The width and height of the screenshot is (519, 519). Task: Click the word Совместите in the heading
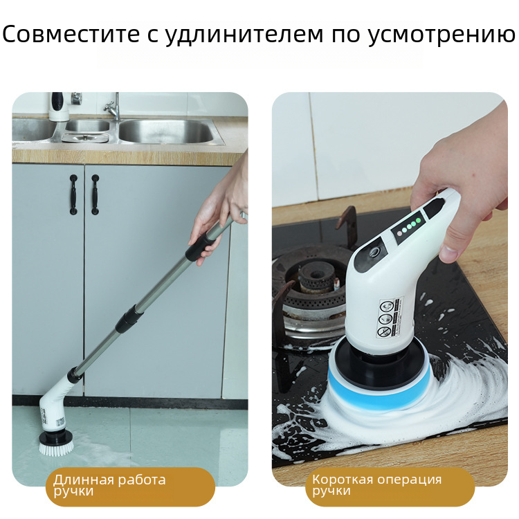click(71, 34)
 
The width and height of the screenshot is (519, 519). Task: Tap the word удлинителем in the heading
click(244, 35)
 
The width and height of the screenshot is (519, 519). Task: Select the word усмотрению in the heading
click(442, 35)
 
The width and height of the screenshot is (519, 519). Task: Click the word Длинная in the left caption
click(84, 480)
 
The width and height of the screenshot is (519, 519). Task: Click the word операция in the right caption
click(409, 480)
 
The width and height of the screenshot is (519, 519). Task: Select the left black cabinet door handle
click(73, 194)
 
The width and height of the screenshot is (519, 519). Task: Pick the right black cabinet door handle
click(95, 194)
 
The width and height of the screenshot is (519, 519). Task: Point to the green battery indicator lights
click(409, 226)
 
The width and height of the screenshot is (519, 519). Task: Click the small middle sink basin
click(87, 125)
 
